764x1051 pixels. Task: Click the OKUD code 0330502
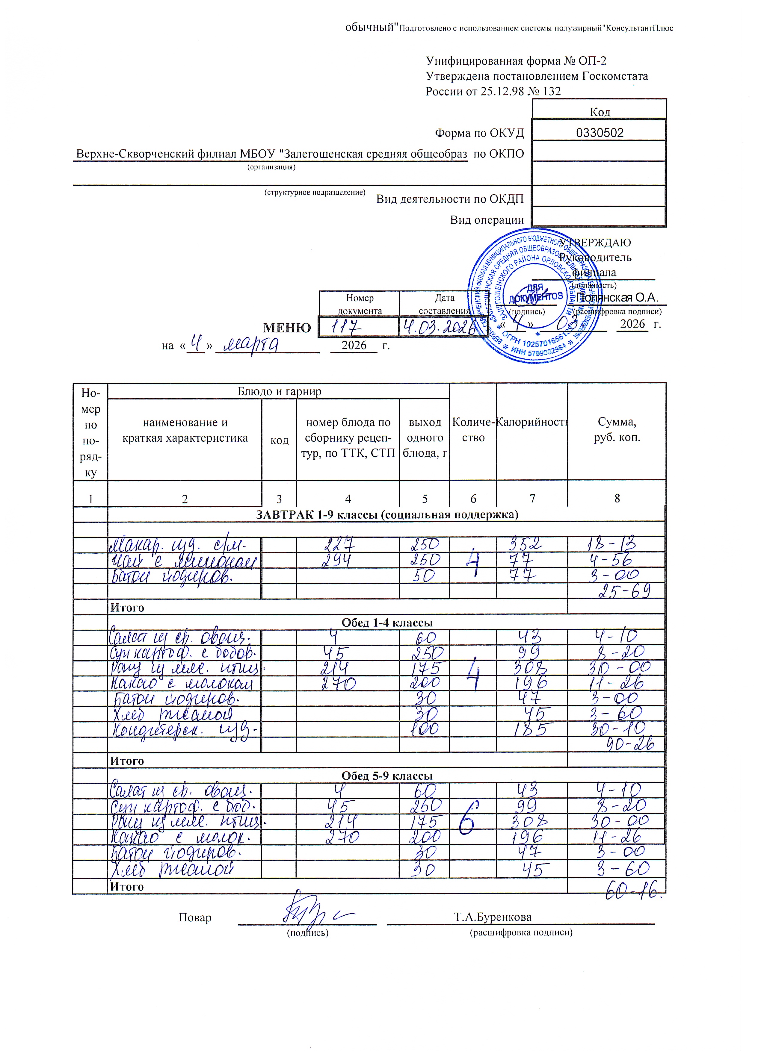(600, 133)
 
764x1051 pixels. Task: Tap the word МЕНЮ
(287, 328)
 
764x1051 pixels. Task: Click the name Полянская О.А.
(617, 298)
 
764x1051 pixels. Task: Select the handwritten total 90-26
(630, 744)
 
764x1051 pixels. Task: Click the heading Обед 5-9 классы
(386, 776)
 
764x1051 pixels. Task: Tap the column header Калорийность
(532, 422)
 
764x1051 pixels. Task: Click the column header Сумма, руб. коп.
(617, 430)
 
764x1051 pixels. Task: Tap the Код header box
(600, 111)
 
